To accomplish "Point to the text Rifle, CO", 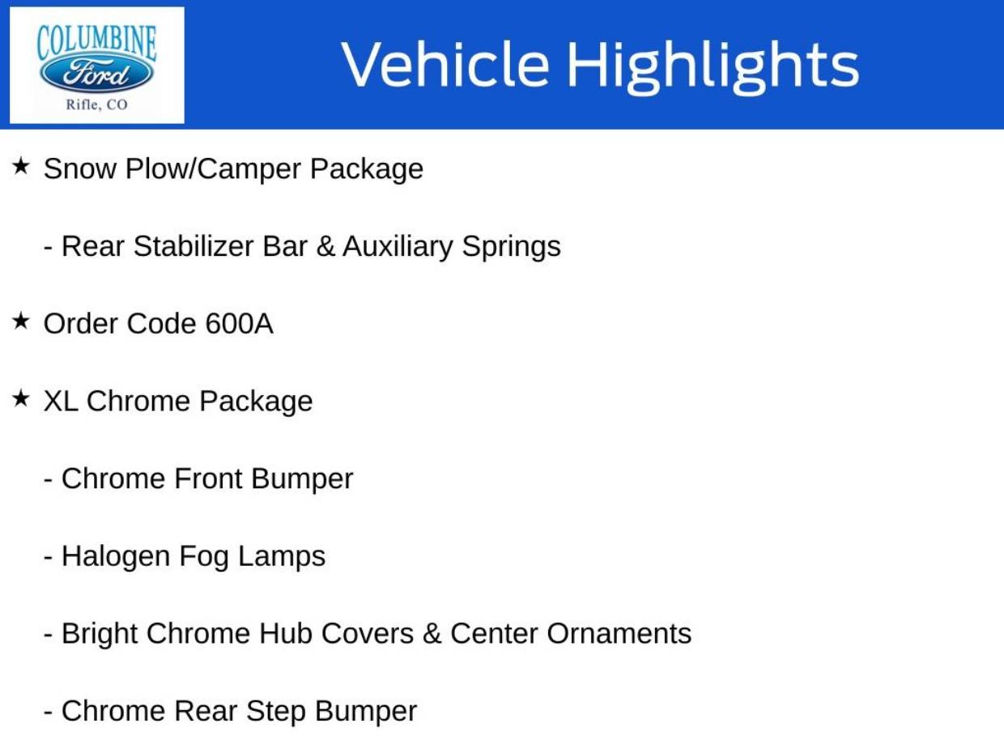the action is click(96, 105).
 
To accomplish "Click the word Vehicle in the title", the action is click(445, 63).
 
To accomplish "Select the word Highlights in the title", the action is click(713, 66).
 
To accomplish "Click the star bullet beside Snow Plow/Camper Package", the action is click(20, 166).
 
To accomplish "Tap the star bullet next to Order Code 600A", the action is click(20, 321).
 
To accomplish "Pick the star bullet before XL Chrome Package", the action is click(20, 398).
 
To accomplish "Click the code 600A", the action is click(239, 324).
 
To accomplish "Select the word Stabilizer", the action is click(193, 246).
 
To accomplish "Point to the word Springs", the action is click(511, 247).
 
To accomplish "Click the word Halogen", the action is click(116, 556).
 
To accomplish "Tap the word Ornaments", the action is click(619, 633).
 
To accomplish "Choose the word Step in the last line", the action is click(276, 712).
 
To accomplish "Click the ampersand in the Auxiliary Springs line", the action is click(325, 246).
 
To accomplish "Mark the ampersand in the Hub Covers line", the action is click(432, 633).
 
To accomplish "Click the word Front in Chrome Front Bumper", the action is click(208, 479).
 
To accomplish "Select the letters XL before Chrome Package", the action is click(61, 401).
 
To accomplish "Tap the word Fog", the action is click(204, 556).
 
